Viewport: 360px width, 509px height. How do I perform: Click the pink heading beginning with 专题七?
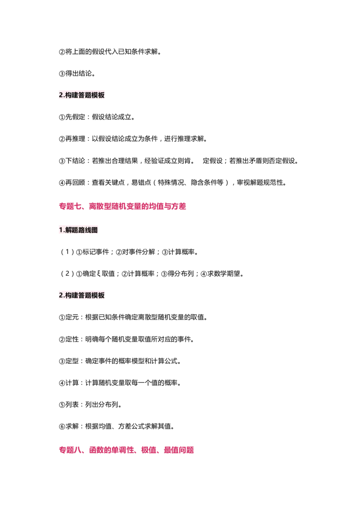click(122, 206)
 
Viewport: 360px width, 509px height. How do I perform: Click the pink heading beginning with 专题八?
click(126, 450)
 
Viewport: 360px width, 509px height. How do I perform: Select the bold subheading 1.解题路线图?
click(78, 230)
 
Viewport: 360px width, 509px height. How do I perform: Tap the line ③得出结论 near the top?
click(77, 73)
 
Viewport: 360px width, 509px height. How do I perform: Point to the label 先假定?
click(76, 117)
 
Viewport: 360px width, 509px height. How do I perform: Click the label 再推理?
click(76, 139)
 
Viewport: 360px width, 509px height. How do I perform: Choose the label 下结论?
click(76, 161)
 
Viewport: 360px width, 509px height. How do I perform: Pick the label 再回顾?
click(76, 183)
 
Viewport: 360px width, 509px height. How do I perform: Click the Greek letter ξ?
click(99, 274)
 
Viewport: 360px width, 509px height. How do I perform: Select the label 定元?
click(72, 317)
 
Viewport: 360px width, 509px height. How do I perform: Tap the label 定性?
click(72, 339)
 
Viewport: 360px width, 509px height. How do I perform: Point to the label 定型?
click(72, 361)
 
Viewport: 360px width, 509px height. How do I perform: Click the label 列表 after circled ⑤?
click(72, 405)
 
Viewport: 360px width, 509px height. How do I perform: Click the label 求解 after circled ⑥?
click(72, 426)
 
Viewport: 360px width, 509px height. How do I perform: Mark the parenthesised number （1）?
click(67, 252)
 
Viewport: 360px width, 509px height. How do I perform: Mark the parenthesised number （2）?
click(67, 274)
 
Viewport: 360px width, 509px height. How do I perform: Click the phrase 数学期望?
click(227, 274)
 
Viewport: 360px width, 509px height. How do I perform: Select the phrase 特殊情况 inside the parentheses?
click(171, 183)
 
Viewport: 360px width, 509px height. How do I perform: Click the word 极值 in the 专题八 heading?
click(148, 450)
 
